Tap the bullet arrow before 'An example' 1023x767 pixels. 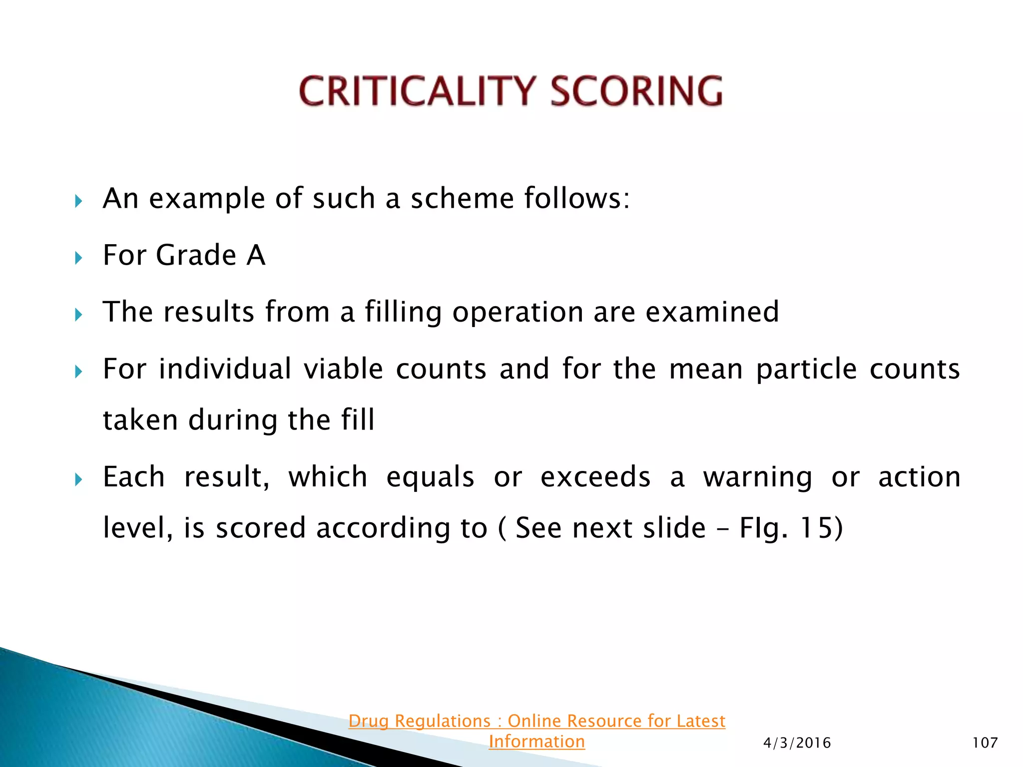click(78, 202)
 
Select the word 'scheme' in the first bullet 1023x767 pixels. click(462, 199)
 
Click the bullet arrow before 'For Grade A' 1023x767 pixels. click(78, 258)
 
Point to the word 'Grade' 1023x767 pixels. click(196, 256)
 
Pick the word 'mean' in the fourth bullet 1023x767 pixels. click(706, 370)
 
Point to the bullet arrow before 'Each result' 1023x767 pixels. click(78, 480)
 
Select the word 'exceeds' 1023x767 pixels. click(595, 477)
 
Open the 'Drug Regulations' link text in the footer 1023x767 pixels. click(536, 721)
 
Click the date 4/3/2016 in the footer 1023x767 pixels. click(797, 743)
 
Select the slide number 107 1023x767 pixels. click(985, 743)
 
